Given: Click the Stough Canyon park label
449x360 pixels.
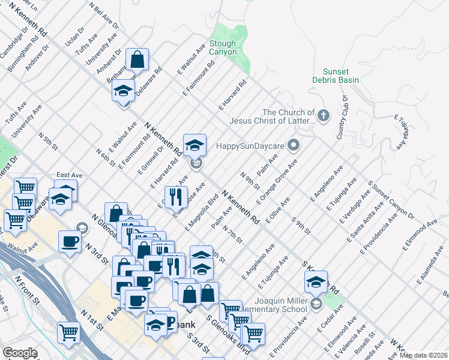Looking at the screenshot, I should click(x=223, y=48).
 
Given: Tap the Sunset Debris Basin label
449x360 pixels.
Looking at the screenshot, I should click(x=336, y=76).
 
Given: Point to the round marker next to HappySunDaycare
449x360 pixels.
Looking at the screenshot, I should click(x=294, y=145).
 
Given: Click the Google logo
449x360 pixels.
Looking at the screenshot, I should click(x=20, y=353).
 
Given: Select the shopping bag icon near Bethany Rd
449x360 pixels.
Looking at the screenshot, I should click(x=137, y=60).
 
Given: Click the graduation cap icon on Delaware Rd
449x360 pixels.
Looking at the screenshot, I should click(x=123, y=91).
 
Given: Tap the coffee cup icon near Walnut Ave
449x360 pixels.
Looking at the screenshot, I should click(x=70, y=242).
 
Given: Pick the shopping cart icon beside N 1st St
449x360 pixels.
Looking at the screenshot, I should click(x=68, y=331).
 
